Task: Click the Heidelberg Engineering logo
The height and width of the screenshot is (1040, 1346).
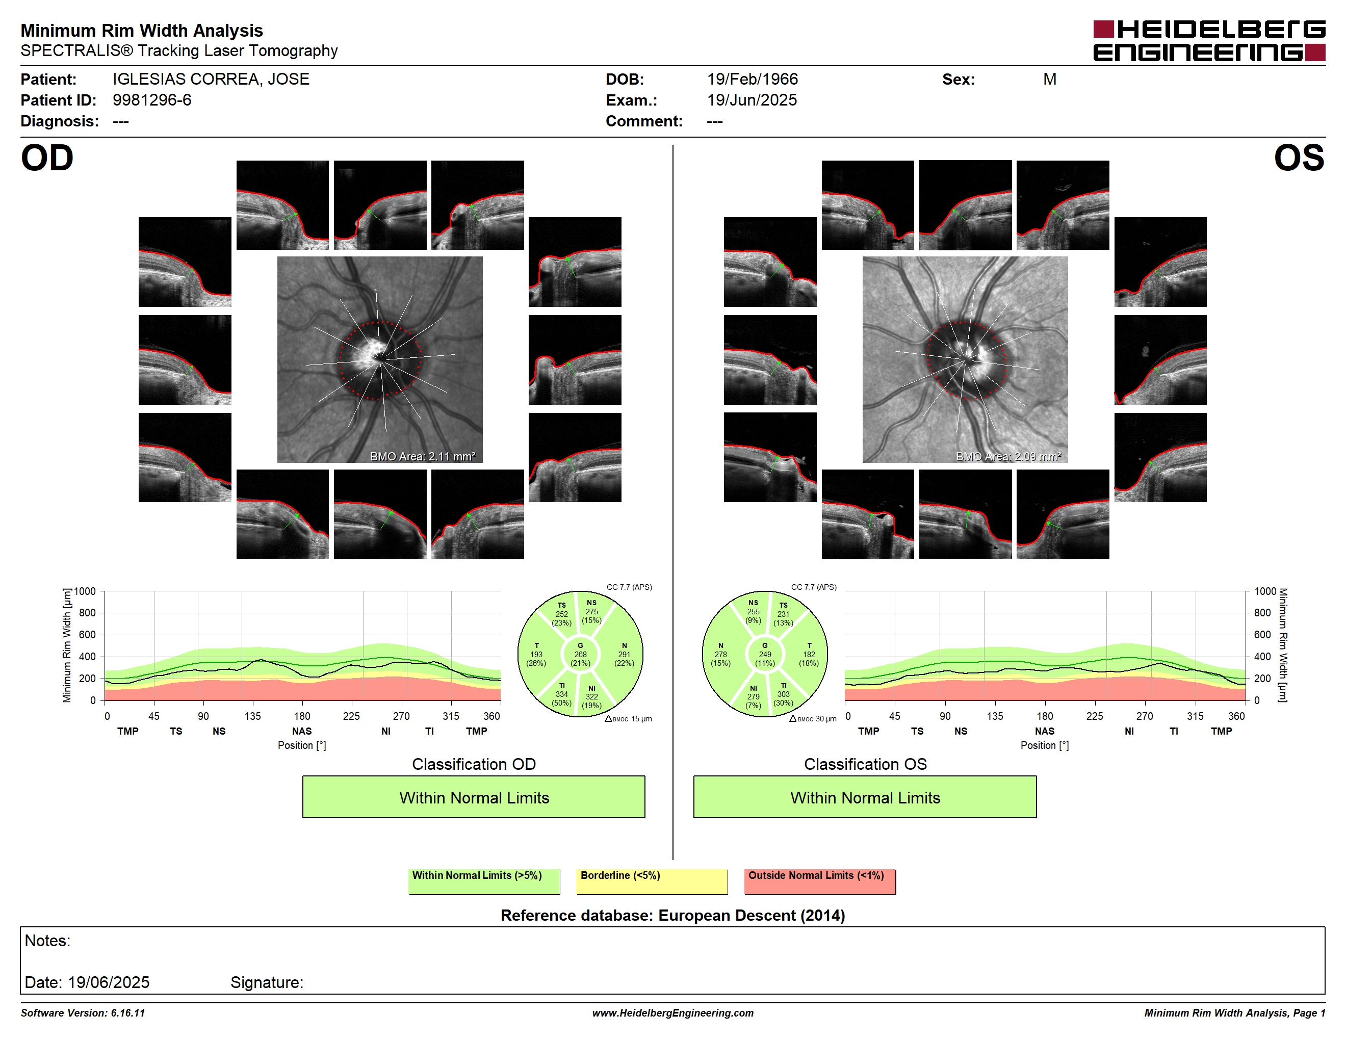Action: (1209, 41)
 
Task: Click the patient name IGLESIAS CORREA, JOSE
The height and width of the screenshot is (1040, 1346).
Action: (211, 80)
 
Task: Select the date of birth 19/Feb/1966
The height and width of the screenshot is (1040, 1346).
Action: (752, 80)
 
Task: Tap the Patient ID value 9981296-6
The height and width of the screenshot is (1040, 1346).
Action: (151, 100)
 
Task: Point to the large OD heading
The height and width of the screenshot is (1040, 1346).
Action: (47, 159)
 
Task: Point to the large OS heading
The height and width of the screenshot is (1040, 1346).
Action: (1299, 159)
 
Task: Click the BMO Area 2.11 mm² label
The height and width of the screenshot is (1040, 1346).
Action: (423, 457)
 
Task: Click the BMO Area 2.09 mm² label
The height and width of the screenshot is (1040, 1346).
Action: (1008, 457)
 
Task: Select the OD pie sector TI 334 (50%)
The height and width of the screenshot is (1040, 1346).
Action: (561, 694)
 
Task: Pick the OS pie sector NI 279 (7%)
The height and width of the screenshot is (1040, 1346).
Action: (753, 697)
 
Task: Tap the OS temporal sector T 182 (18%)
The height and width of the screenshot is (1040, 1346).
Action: (809, 654)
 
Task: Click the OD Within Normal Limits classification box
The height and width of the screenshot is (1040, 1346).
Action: (473, 797)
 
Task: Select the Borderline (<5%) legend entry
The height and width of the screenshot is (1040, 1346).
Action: (652, 881)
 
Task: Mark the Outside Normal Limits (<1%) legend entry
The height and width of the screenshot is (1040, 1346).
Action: (820, 881)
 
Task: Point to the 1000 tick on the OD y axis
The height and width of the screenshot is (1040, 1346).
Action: (85, 591)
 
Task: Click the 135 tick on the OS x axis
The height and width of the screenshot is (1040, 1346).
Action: (995, 716)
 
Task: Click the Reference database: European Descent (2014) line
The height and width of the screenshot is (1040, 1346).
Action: (672, 916)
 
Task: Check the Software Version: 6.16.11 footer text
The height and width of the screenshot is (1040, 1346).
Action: (83, 1013)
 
